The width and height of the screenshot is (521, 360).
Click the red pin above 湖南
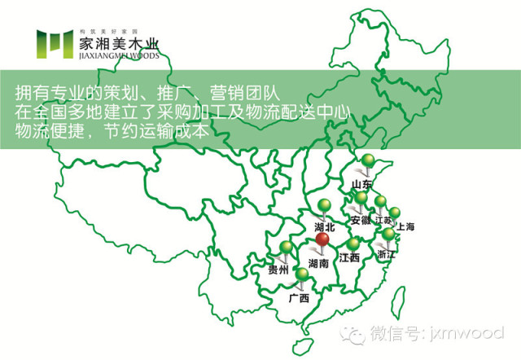pos(323,240)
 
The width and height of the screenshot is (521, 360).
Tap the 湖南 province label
pos(319,264)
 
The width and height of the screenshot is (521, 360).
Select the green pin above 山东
pos(369,160)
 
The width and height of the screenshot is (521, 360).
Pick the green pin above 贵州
pos(286,248)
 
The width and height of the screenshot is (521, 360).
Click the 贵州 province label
pos(278,269)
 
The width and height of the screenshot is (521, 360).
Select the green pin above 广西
pos(302,275)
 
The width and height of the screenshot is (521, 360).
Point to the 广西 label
pos(299,298)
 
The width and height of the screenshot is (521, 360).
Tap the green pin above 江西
pos(352,244)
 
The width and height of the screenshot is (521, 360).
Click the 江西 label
pos(349,258)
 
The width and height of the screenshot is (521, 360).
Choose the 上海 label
pos(405,226)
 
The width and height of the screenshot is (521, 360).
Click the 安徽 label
pos(360,220)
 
